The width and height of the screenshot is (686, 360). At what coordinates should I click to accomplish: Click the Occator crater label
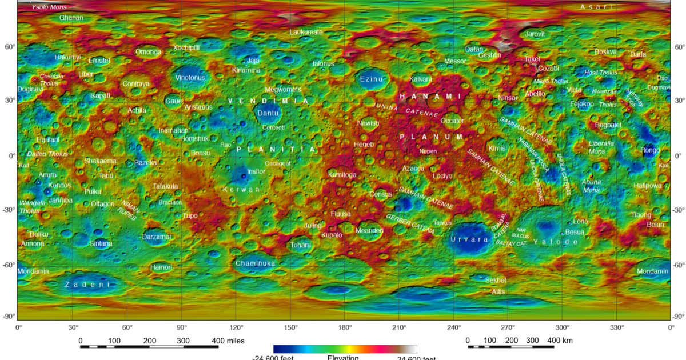[452, 121]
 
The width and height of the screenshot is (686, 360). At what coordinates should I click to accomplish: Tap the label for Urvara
[469, 239]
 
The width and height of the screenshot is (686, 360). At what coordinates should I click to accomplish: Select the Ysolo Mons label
[49, 7]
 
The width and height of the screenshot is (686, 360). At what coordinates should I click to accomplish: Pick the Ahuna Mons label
[592, 186]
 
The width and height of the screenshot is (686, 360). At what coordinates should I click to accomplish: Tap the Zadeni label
[87, 284]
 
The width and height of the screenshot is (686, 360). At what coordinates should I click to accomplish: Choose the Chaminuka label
[255, 263]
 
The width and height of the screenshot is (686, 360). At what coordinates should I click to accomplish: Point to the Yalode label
[556, 242]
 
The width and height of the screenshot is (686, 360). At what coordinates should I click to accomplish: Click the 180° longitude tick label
[345, 328]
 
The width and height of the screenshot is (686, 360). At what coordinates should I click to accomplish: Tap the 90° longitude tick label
[181, 328]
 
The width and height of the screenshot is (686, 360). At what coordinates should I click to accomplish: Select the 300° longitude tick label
[563, 328]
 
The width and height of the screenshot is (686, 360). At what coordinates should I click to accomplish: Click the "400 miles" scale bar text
[228, 341]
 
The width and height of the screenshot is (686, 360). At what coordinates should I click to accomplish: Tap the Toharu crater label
[301, 245]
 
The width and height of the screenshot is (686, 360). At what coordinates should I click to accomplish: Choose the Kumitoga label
[342, 174]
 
